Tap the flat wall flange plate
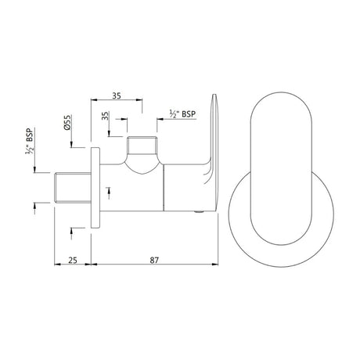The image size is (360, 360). [95, 187]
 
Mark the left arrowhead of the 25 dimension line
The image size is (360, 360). [56, 270]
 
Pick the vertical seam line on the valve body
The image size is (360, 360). [163, 188]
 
